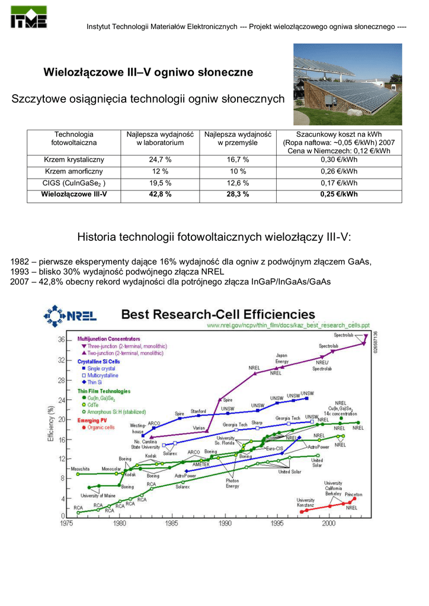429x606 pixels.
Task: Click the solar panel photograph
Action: point(348,84)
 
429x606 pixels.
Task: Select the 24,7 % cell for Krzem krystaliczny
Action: point(160,160)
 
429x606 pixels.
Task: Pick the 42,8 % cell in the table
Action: point(160,194)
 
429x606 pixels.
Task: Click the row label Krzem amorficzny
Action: point(74,172)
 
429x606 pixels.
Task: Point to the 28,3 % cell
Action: point(238,194)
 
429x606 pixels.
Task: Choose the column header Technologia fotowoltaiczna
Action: point(74,138)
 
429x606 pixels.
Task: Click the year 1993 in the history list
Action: point(21,272)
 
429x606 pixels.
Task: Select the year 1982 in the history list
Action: point(21,262)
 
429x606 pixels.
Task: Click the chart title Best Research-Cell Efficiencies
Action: point(218,314)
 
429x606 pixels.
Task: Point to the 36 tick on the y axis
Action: point(61,340)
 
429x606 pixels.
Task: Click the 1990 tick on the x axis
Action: point(225,523)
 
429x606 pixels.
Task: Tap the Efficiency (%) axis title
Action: point(52,423)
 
